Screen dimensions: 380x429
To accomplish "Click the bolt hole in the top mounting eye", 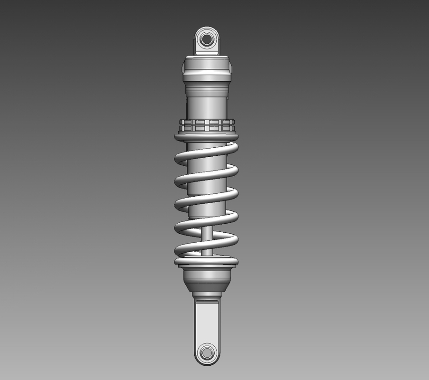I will [x=207, y=39].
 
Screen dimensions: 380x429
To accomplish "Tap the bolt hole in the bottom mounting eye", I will [x=207, y=353].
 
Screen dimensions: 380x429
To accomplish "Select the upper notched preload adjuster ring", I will [x=207, y=123].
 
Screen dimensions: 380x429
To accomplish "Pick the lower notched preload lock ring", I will [x=207, y=129].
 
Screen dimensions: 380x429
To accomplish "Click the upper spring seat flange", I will [x=207, y=138].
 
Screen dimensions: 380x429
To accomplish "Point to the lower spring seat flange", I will [x=207, y=261].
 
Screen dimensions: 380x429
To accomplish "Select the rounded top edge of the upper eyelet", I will [x=207, y=28].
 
